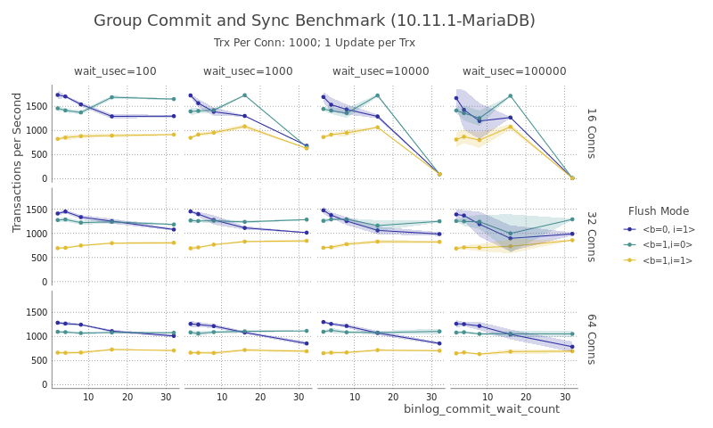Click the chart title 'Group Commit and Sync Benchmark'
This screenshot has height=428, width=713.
pos(315,21)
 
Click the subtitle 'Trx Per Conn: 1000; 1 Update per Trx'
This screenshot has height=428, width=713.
pos(315,43)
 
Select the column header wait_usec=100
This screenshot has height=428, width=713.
pos(115,71)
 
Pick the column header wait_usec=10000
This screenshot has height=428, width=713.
pos(381,71)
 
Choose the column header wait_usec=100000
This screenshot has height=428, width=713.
pos(514,71)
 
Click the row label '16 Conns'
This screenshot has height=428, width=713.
pos(590,133)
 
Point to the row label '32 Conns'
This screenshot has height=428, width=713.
pos(590,236)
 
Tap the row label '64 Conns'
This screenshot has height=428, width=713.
pos(590,339)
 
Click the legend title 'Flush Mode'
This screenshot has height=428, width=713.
pos(659,211)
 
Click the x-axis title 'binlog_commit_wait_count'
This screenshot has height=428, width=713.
pos(481,409)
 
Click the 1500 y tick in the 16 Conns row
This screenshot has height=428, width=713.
pos(36,106)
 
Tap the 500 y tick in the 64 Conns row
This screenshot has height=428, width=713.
pos(39,361)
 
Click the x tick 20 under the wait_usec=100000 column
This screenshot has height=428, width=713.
pos(526,396)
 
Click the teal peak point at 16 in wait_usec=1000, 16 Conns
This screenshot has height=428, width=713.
pos(244,95)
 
